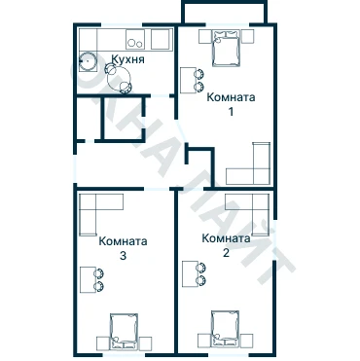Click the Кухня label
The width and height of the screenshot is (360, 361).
pos(127,59)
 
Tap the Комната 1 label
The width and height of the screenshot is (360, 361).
pos(231,104)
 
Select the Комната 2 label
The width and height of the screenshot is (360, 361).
pos(226,245)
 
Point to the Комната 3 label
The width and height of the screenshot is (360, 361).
pos(123,248)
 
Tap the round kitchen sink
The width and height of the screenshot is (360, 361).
pos(89,61)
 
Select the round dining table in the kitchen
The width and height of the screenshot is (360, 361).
pos(119,78)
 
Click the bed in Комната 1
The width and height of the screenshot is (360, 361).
pos(226,48)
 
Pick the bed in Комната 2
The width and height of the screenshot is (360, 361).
pos(225,330)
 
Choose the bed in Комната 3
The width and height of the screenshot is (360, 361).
pos(124,332)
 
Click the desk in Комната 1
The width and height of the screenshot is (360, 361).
pos(189,80)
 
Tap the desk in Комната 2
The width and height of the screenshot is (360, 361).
pos(191,274)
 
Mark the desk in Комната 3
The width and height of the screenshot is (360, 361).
pos(89,279)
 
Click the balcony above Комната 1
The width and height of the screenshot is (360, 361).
pos(225,13)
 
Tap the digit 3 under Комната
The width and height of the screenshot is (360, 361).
pos(123,256)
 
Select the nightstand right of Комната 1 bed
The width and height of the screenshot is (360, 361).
pos(248,36)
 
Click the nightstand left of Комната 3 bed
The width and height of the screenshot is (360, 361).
pos(103,343)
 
